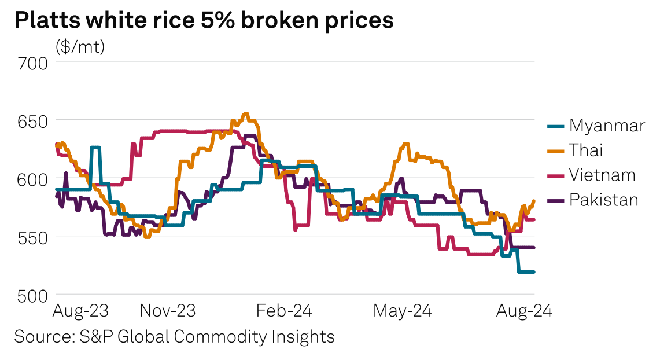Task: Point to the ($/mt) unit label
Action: [x=80, y=47]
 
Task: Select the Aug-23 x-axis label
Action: [x=80, y=311]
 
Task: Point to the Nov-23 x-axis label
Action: [x=168, y=311]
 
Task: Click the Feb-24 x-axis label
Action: [x=283, y=311]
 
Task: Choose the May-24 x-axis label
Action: [x=402, y=311]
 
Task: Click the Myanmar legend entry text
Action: [x=606, y=126]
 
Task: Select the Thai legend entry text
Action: [x=586, y=150]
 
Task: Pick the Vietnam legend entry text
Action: [x=602, y=175]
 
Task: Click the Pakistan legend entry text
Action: [x=603, y=200]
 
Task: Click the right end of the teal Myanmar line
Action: [x=533, y=272]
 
